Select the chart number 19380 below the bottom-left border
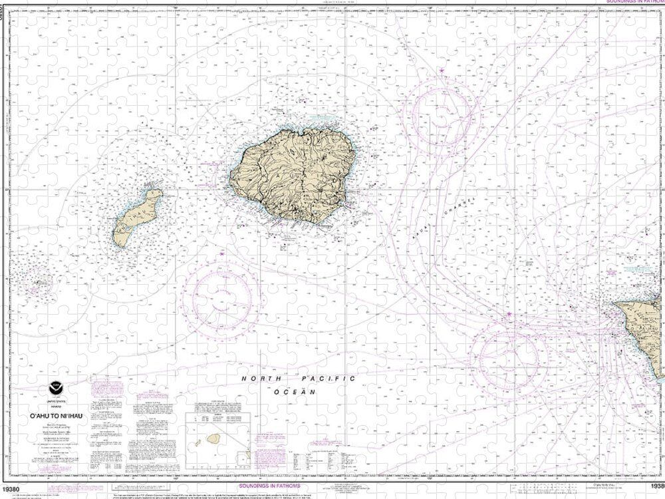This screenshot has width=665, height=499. [x=13, y=490]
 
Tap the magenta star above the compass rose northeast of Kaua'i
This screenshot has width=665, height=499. [x=441, y=71]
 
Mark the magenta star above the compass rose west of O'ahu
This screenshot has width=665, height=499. [x=509, y=314]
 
